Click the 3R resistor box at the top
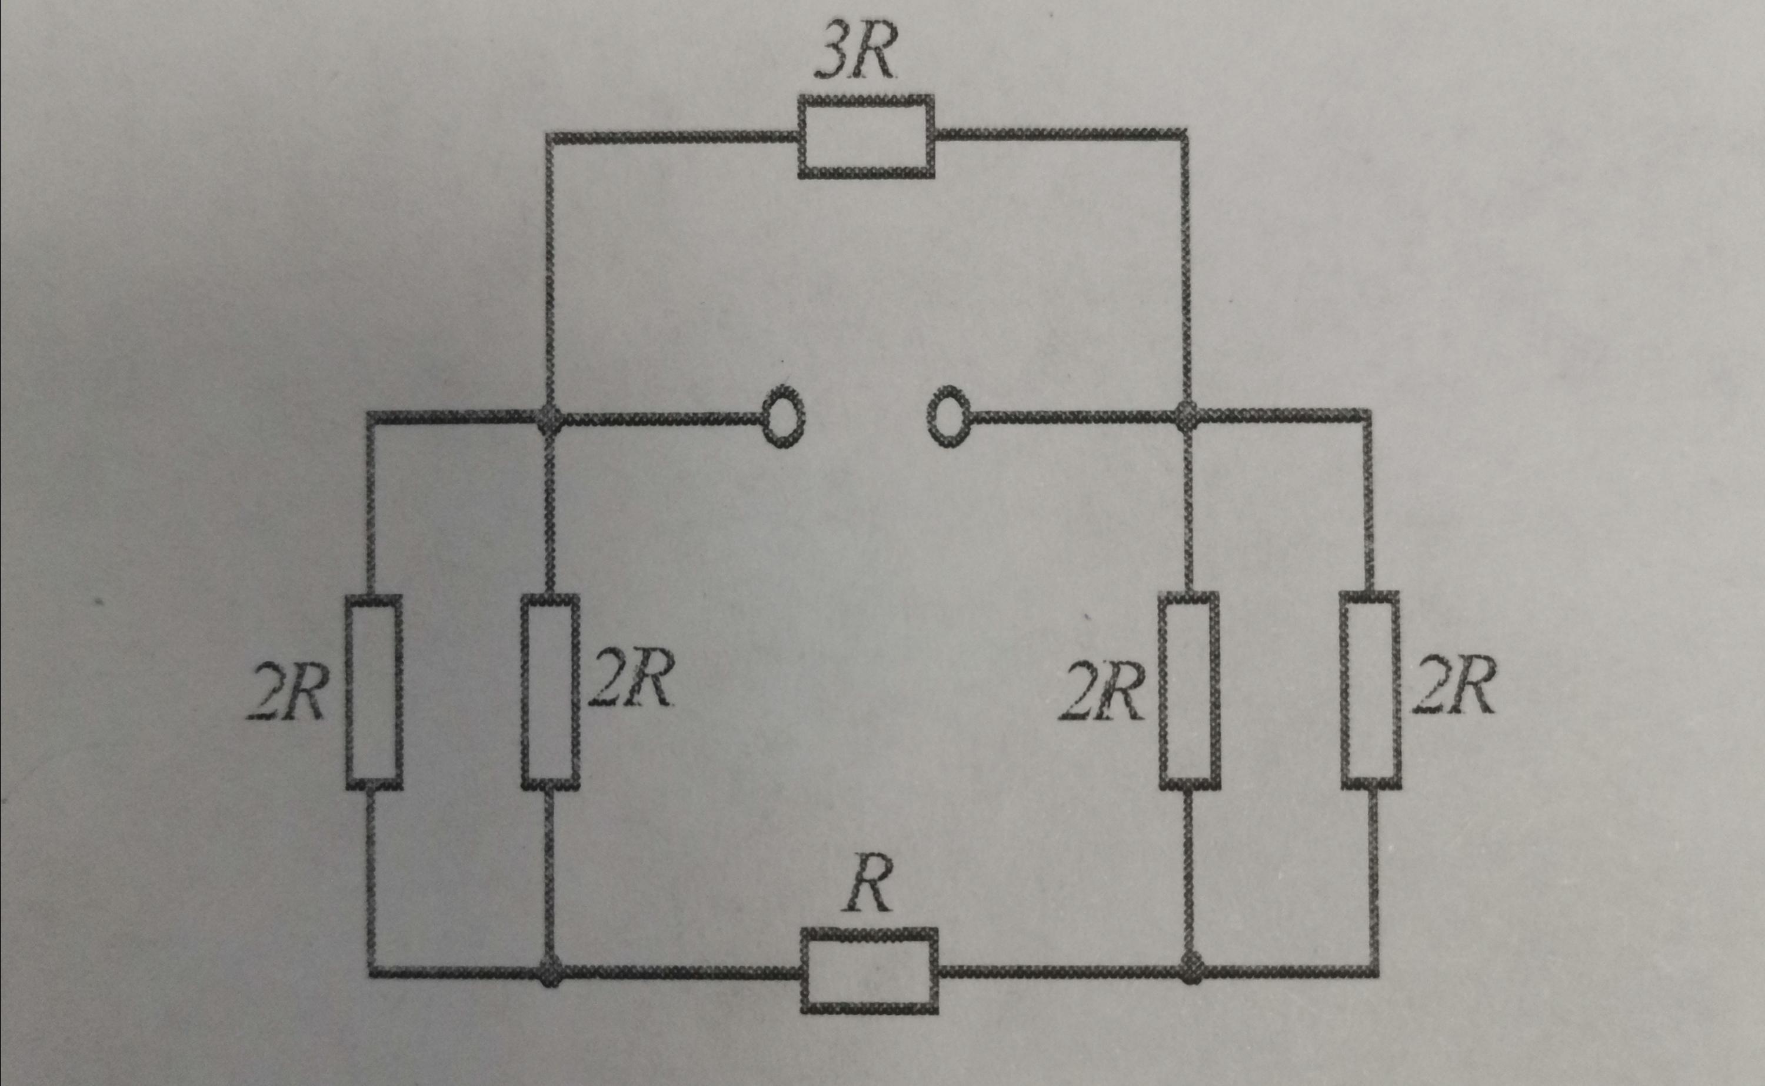(x=866, y=136)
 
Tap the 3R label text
(x=856, y=55)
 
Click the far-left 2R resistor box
(x=374, y=692)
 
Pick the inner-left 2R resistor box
(x=550, y=692)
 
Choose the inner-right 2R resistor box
(x=1189, y=691)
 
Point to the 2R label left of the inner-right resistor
(x=1100, y=691)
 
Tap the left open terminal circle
(x=782, y=417)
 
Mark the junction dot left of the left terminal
(x=550, y=417)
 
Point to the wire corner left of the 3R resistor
(x=550, y=136)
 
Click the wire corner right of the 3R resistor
(x=1183, y=134)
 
